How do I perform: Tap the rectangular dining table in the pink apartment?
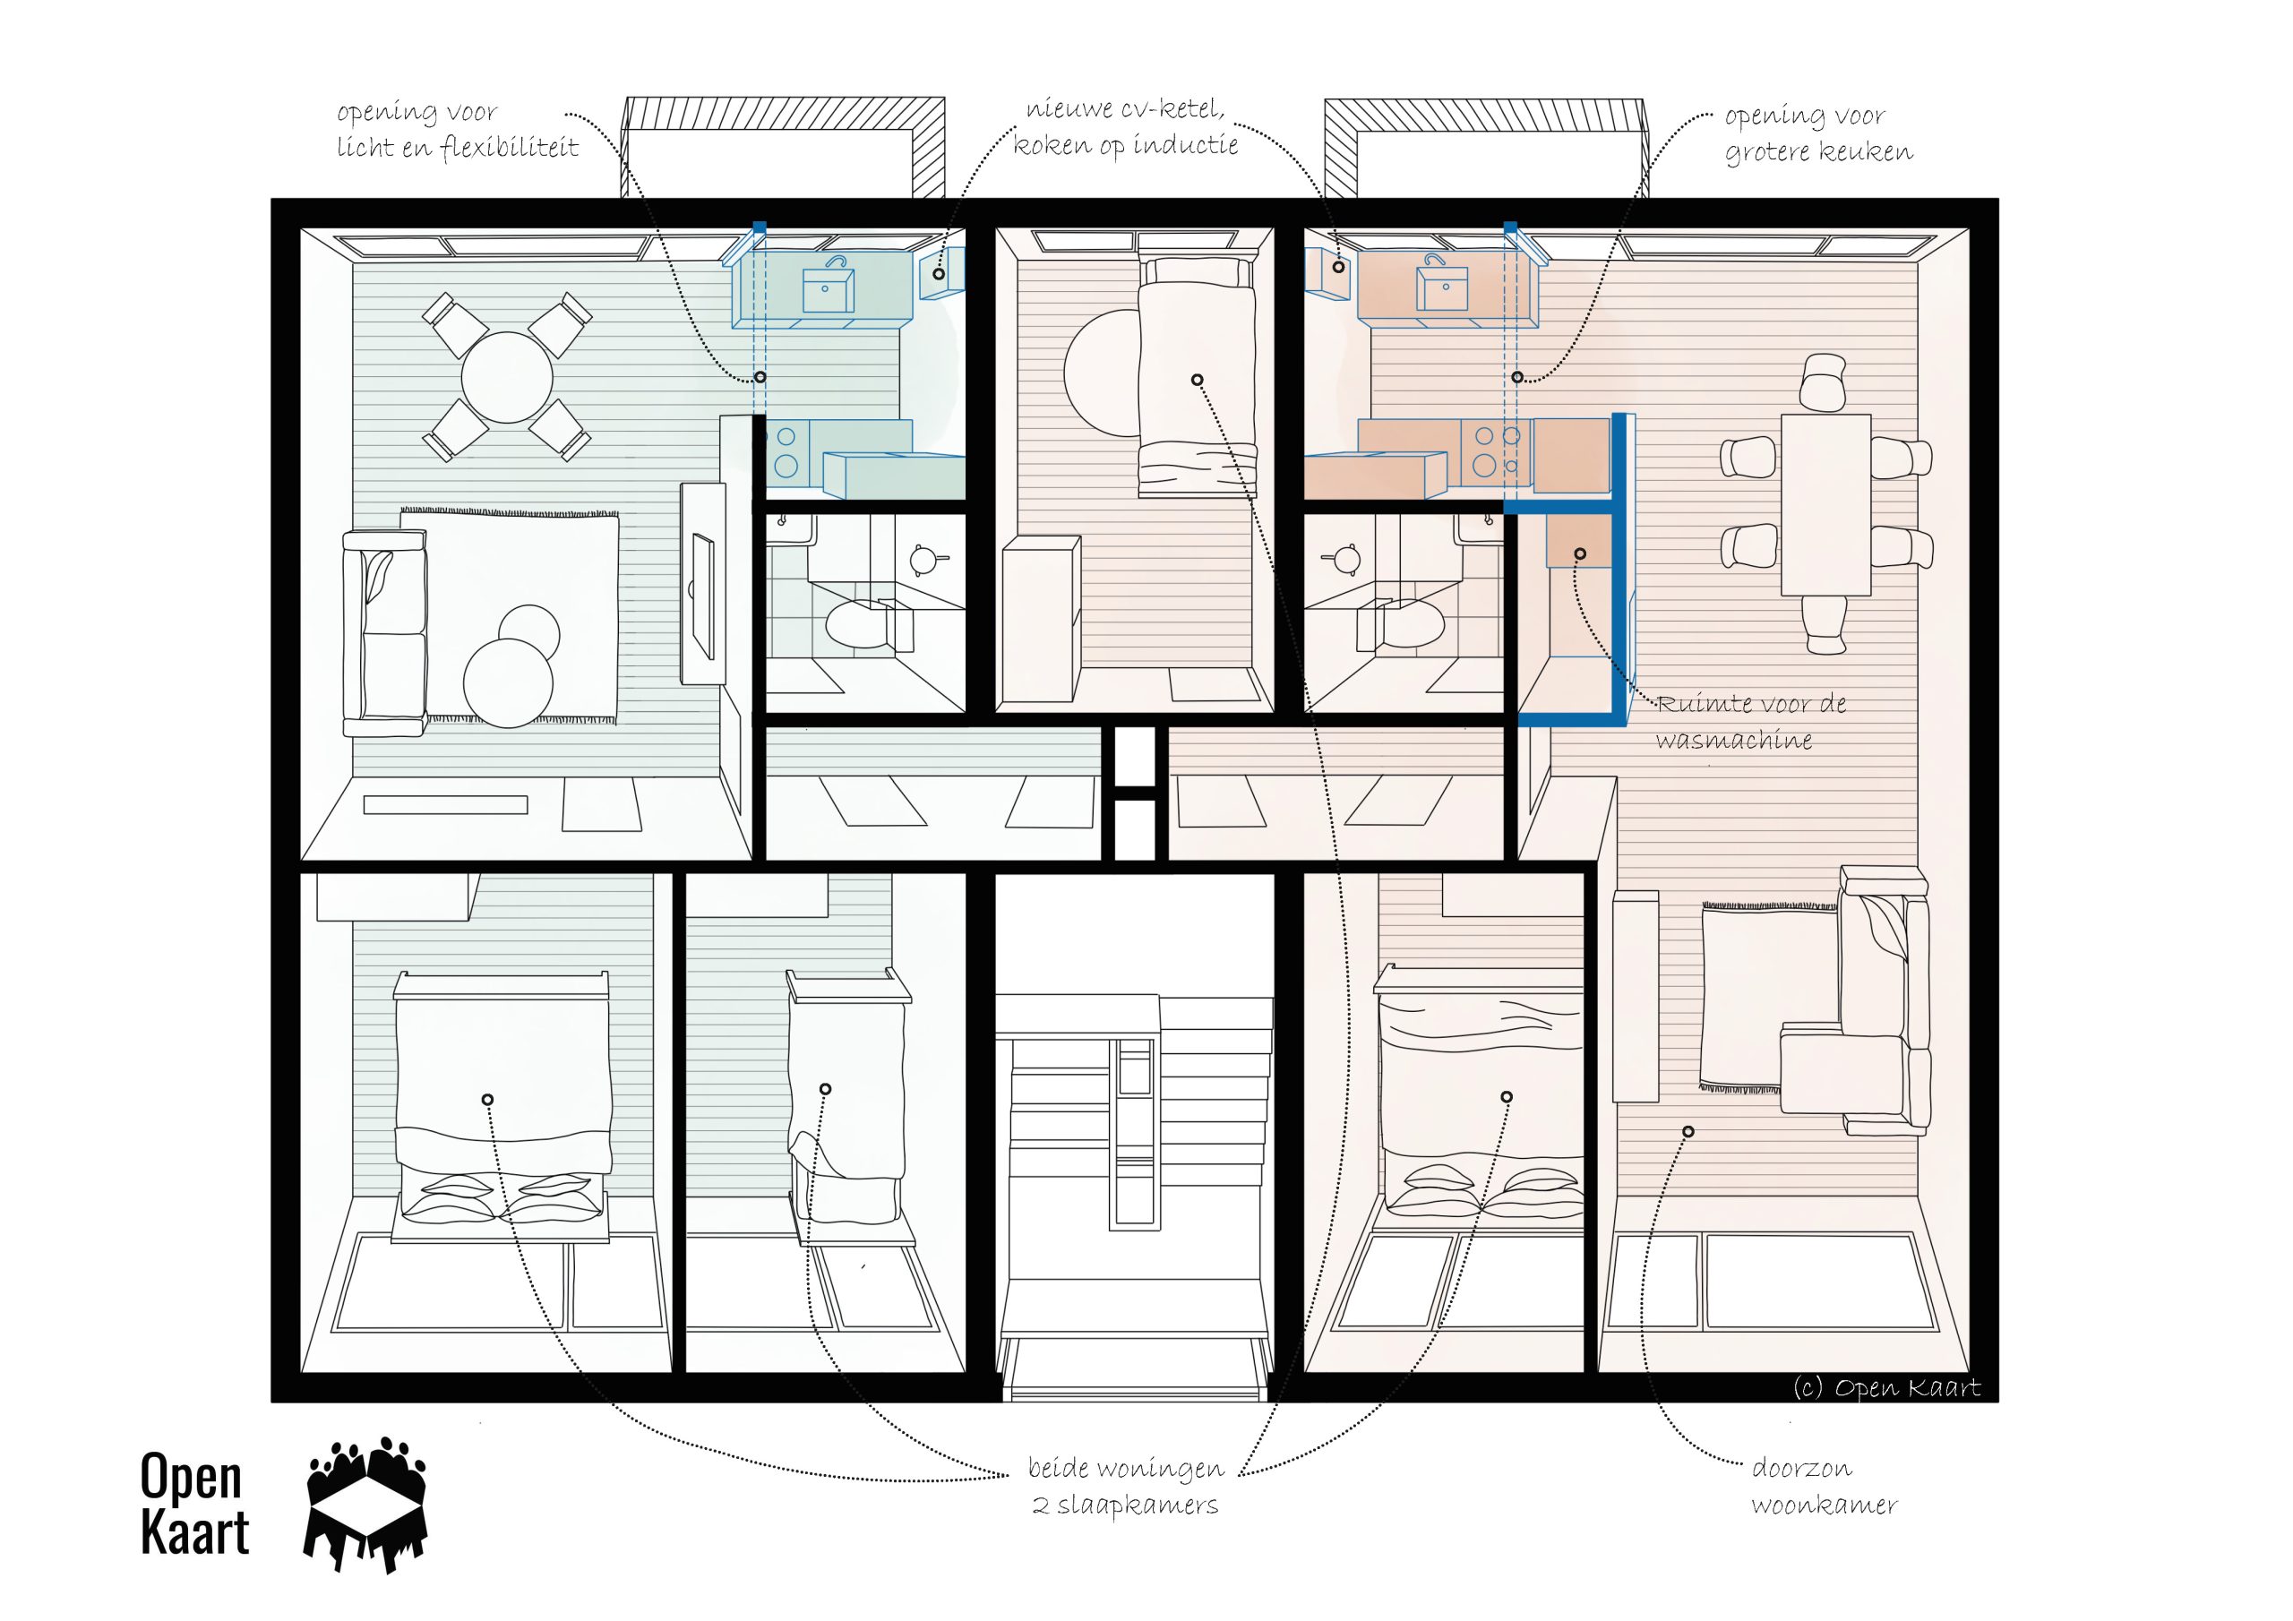click(1825, 504)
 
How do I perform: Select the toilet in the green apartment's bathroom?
click(855, 622)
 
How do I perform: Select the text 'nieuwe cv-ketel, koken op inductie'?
click(1126, 128)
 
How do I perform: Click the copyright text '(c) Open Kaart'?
click(1886, 1388)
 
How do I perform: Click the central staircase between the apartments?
click(1137, 1149)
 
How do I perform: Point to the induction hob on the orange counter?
click(1496, 450)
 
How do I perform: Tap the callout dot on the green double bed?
click(487, 1100)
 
